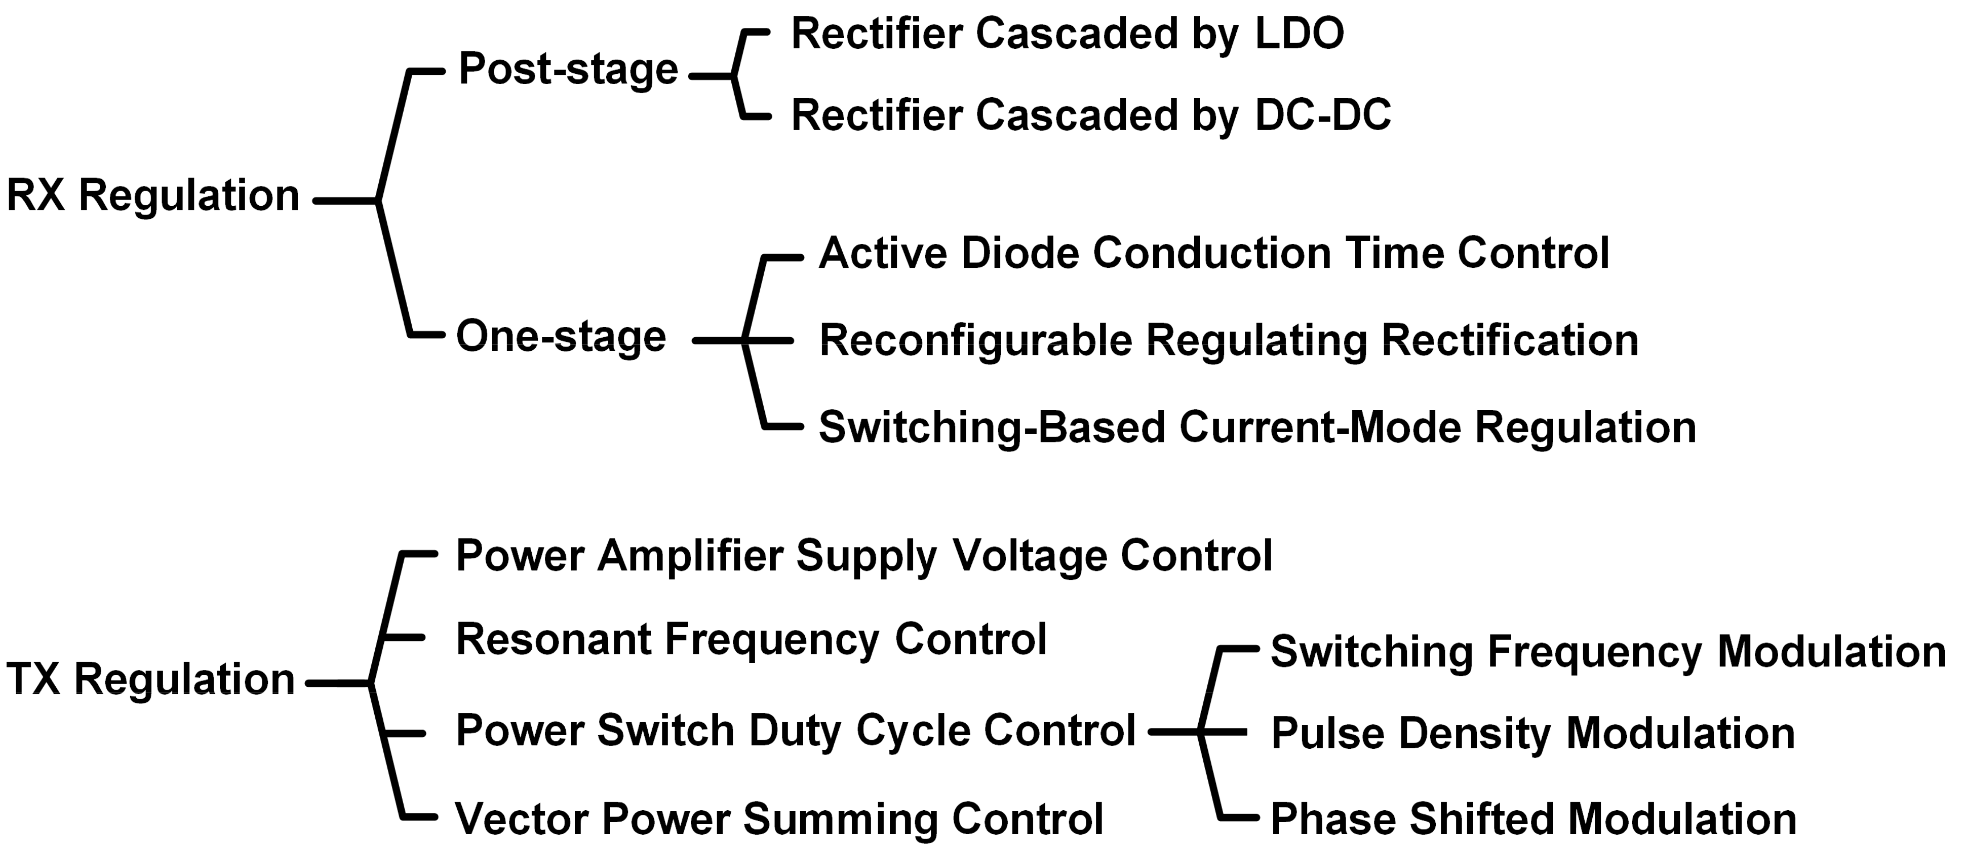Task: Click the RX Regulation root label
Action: click(x=153, y=196)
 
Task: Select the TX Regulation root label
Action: click(x=151, y=679)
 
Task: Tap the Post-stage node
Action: click(x=568, y=71)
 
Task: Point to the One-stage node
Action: click(x=561, y=337)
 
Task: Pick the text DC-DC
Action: click(x=1323, y=116)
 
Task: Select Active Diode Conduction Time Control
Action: click(x=1214, y=254)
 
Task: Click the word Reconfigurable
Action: click(x=975, y=341)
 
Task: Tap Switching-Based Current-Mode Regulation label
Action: click(x=1257, y=428)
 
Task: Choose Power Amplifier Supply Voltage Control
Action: click(x=864, y=556)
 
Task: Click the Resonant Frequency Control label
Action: click(x=751, y=640)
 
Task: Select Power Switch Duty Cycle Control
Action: click(x=796, y=731)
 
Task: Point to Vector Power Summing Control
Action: click(x=779, y=819)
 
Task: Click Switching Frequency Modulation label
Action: click(x=1608, y=653)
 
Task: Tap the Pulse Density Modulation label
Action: click(x=1533, y=733)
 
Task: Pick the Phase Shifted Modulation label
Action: click(x=1533, y=819)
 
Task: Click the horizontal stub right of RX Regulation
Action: click(x=343, y=201)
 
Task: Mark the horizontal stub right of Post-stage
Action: click(x=710, y=76)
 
